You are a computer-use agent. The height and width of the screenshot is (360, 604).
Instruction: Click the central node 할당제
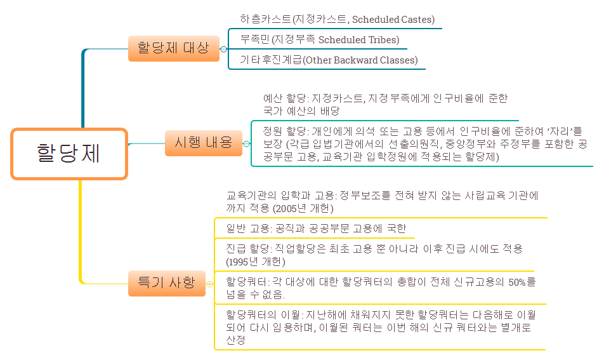click(x=69, y=154)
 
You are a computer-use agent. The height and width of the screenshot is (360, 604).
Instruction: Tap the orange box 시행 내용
click(x=203, y=143)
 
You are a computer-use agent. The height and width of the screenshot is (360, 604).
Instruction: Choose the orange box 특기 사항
click(x=167, y=283)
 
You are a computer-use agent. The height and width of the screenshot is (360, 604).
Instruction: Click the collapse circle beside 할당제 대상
click(x=223, y=49)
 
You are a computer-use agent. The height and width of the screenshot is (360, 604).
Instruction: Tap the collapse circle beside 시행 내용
click(x=247, y=144)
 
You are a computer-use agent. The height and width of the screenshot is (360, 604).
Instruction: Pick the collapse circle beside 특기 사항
click(x=210, y=284)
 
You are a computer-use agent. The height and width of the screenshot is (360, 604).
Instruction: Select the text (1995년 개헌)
click(x=256, y=262)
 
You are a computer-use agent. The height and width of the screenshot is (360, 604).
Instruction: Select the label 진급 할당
click(x=248, y=249)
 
